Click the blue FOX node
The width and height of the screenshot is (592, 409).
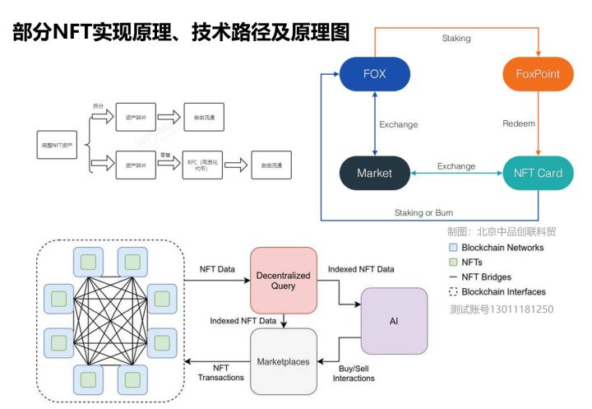point(374,74)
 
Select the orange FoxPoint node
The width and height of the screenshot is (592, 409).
point(537,74)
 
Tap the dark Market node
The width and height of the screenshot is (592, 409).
point(374,174)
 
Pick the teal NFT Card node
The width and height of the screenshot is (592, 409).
point(538,174)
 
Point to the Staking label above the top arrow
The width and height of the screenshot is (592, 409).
point(456,38)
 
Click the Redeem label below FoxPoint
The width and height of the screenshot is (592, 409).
point(519,124)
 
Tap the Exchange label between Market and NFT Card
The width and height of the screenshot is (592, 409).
point(456,166)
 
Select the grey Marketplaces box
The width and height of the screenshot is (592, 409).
point(283,361)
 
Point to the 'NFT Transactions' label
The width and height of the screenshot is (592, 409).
point(221,372)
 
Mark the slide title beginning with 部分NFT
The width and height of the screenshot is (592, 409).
point(181,32)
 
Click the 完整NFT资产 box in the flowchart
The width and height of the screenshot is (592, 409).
point(58,144)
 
